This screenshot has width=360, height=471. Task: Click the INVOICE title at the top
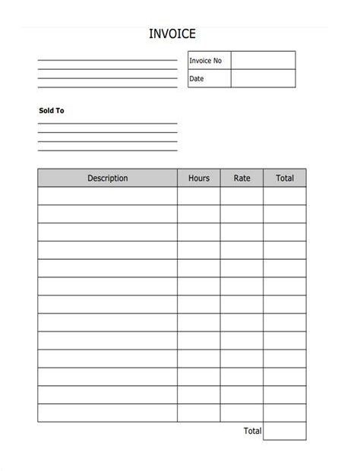point(172,33)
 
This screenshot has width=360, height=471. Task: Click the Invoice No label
point(205,61)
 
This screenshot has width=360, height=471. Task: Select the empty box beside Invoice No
point(263,61)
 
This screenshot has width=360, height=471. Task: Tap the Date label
point(197,79)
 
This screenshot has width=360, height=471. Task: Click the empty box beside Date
point(263,79)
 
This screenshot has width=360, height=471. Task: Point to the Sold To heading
point(52,111)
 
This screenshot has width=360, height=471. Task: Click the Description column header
point(108,179)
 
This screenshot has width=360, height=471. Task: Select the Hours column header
point(199,179)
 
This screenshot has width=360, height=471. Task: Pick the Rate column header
point(242,179)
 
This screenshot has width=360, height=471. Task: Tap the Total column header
point(285,179)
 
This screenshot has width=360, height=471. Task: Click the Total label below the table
point(252,431)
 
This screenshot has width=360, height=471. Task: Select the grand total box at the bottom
point(285,431)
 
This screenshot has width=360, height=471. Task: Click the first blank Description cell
point(108,196)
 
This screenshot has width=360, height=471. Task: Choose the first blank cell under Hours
point(199,196)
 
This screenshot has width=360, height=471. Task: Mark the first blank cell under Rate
point(242,196)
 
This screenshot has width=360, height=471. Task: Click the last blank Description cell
point(108,413)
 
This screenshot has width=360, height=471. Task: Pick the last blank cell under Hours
point(199,413)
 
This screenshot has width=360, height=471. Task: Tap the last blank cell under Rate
point(242,413)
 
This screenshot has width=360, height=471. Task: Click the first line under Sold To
point(108,122)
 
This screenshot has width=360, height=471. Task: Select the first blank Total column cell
point(285,196)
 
